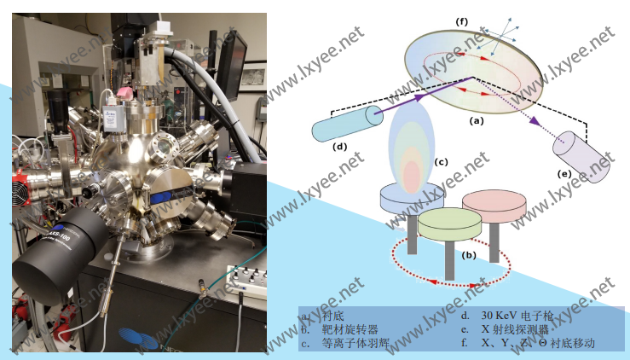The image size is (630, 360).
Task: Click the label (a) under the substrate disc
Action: click(x=477, y=121)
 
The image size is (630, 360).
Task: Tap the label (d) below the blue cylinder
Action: click(x=339, y=147)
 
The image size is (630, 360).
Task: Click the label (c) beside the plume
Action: click(x=441, y=161)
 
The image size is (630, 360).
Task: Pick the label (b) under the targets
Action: click(x=468, y=254)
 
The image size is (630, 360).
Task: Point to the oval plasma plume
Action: click(x=413, y=145)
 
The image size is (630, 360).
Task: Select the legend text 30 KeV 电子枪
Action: click(x=519, y=316)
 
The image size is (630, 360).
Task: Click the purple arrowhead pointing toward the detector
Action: click(x=535, y=121)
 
